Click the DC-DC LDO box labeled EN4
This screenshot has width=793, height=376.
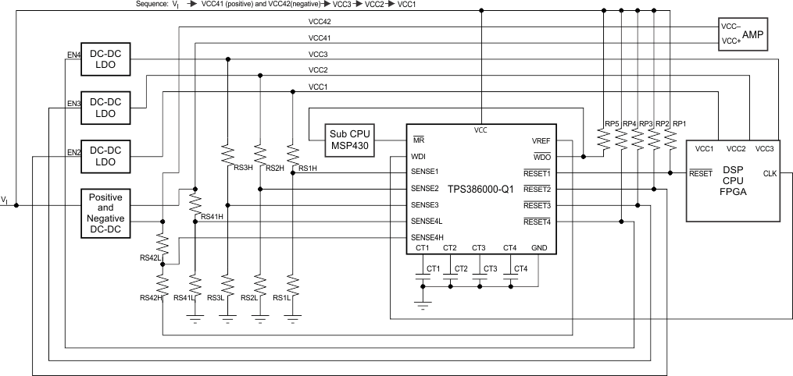[x=105, y=62]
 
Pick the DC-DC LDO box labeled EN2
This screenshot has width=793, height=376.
[x=105, y=157]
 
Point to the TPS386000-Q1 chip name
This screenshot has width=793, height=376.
[x=480, y=189]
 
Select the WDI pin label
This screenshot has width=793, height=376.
[x=419, y=156]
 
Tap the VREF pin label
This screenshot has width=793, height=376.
[x=541, y=140]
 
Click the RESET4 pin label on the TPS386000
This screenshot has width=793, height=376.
[x=538, y=222]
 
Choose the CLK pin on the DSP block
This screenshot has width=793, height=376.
[x=770, y=173]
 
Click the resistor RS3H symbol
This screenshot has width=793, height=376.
[x=227, y=154]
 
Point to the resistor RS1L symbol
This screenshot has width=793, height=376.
[x=291, y=285]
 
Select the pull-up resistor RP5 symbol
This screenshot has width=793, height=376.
[x=604, y=139]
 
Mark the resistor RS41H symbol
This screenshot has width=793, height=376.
[x=195, y=202]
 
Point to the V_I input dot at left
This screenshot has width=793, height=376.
[x=16, y=206]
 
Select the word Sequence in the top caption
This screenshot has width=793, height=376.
[x=151, y=5]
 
